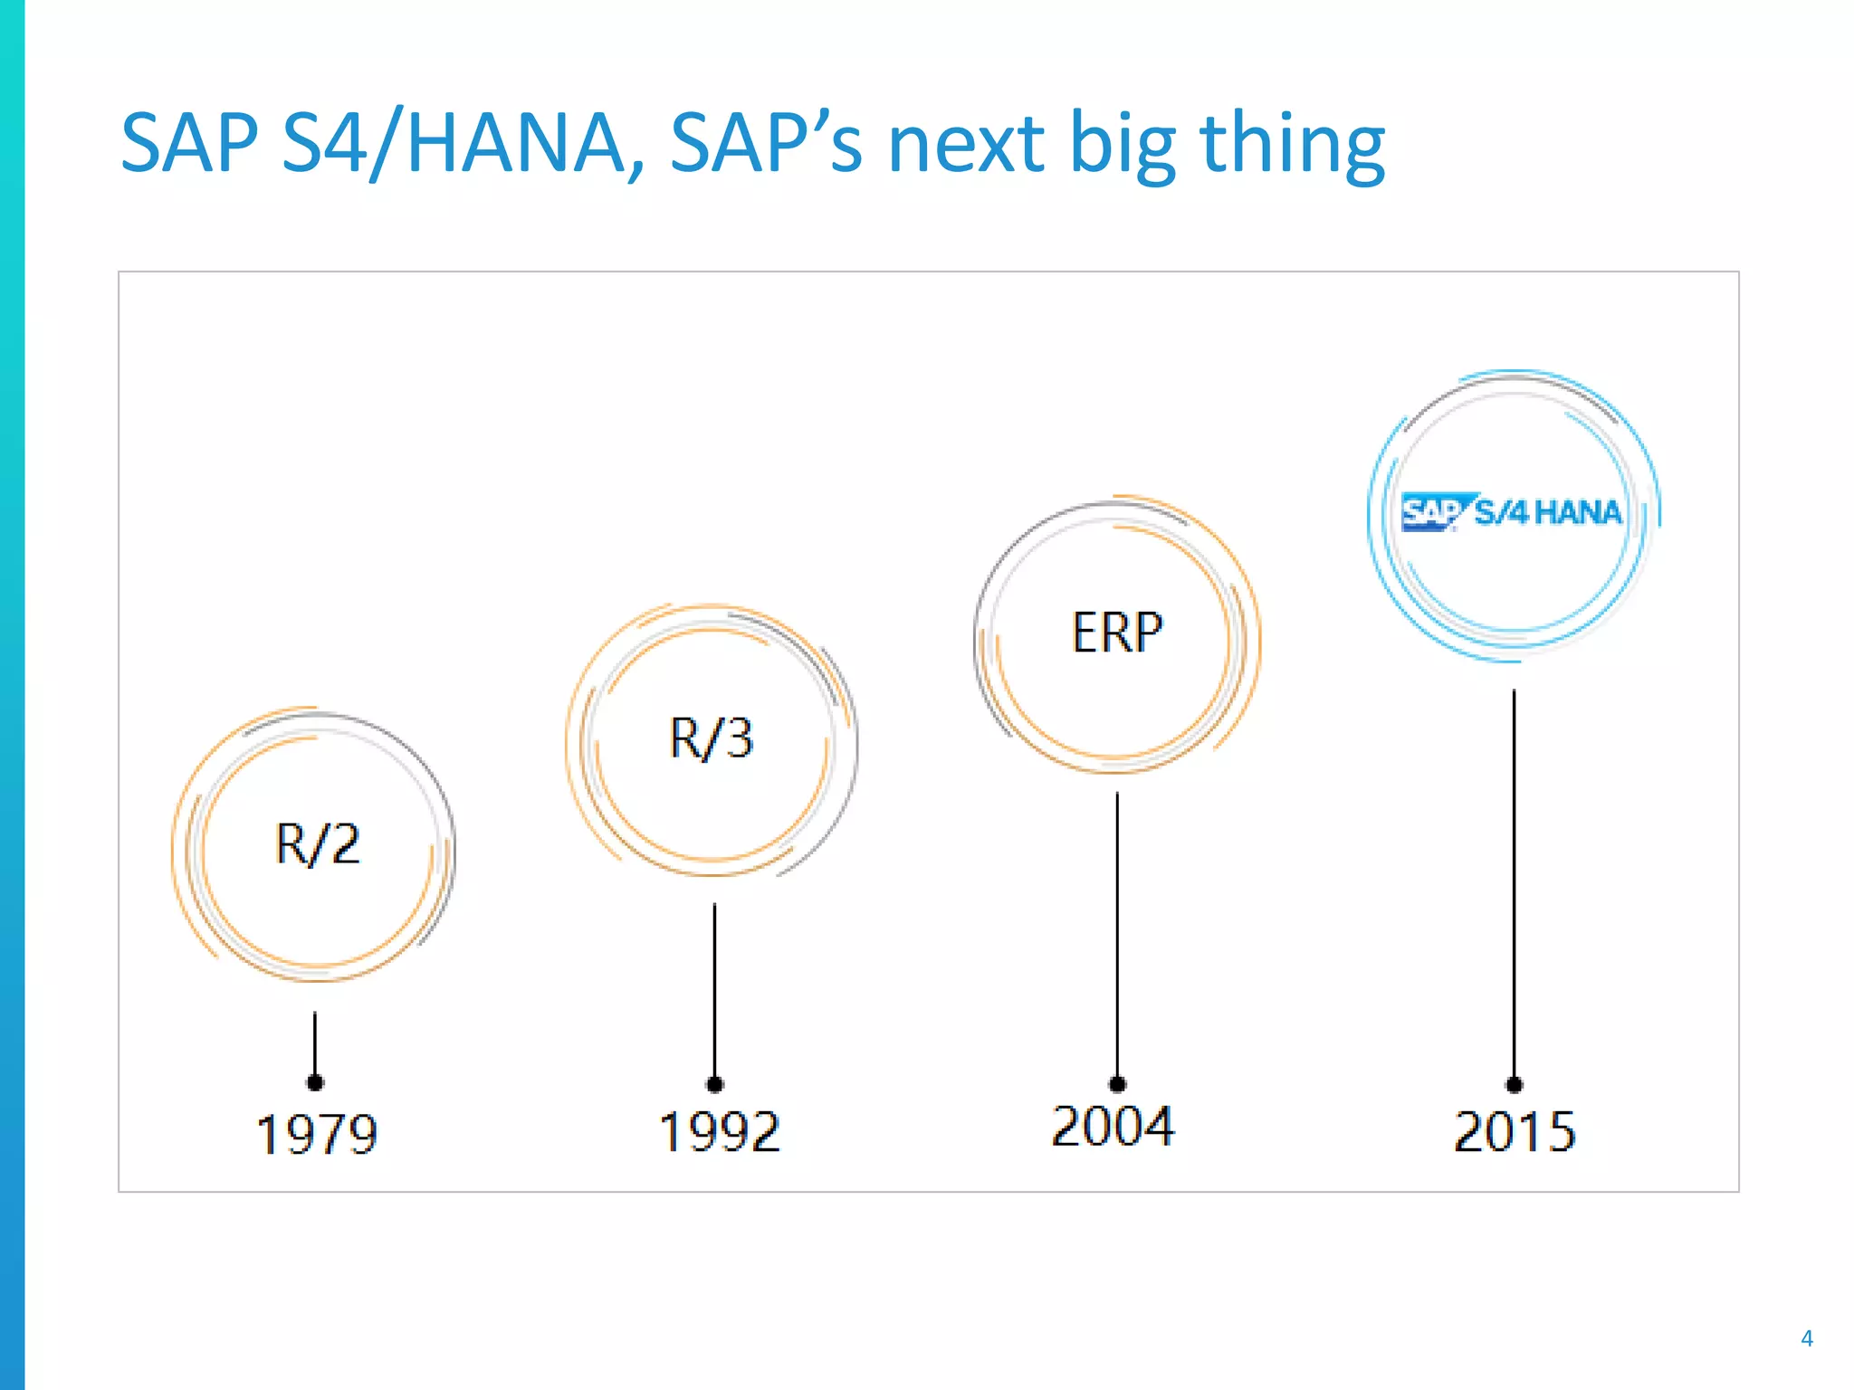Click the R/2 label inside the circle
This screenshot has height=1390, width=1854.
(317, 843)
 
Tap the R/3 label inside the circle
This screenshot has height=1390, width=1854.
(712, 738)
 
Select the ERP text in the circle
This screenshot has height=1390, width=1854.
(1117, 632)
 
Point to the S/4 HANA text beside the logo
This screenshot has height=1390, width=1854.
(1548, 512)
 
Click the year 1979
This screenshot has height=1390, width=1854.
(317, 1134)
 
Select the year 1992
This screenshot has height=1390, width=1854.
(719, 1131)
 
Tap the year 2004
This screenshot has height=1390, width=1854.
(1113, 1127)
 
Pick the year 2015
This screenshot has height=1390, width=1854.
(1515, 1131)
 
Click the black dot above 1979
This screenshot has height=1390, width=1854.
(315, 1082)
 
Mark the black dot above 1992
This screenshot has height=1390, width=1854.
(715, 1084)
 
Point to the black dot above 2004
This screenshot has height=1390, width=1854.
(1117, 1084)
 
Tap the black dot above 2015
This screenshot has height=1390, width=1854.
(1514, 1084)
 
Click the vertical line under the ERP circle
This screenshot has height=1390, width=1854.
(1117, 932)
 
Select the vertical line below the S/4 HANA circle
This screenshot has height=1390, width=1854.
(1514, 878)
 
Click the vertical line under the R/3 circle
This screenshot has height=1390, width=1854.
(714, 986)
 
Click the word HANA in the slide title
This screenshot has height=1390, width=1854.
(515, 143)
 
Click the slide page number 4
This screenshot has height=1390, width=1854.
(1806, 1338)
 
